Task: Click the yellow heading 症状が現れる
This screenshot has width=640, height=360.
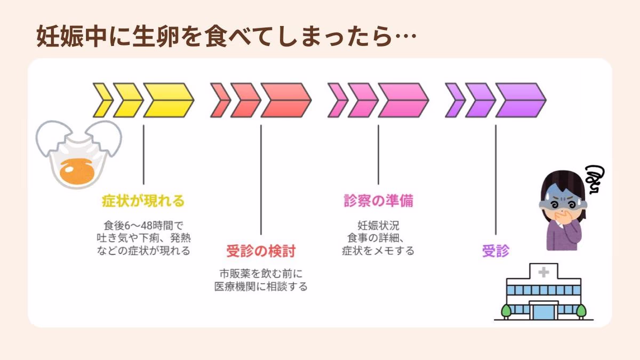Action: coord(143,201)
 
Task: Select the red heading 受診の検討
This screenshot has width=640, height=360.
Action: coord(261,251)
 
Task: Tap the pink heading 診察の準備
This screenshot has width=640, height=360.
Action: coord(378,201)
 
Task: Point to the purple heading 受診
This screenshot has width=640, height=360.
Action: coord(495,251)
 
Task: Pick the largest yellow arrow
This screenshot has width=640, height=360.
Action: coord(167,100)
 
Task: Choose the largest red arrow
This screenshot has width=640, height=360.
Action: coord(285,100)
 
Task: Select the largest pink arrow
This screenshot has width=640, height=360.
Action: coord(402,100)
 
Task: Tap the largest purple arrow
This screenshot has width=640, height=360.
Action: coord(519,100)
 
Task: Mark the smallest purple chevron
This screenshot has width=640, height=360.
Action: coord(455,100)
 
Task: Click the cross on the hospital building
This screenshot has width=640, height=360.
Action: coord(543,273)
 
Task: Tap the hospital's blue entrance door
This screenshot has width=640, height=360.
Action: coord(543,311)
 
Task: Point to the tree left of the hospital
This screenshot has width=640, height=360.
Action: coord(507,309)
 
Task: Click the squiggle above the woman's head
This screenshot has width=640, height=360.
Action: coord(593,179)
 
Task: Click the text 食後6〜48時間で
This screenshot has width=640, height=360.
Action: coord(143,225)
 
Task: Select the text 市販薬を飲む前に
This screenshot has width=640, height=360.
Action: coord(261,274)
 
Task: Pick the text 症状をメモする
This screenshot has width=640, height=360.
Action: coord(378,250)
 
